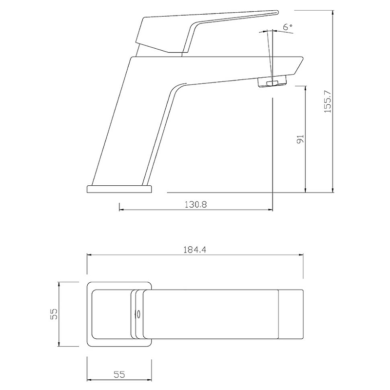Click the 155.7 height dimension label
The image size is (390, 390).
click(328, 101)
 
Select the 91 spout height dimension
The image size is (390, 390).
click(300, 139)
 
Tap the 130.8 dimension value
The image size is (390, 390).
click(196, 204)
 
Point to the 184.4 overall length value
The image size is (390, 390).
click(195, 250)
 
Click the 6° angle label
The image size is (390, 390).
click(288, 27)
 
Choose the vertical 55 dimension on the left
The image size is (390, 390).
click(54, 314)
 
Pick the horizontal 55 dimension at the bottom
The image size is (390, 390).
click(119, 374)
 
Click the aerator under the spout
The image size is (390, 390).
click(272, 82)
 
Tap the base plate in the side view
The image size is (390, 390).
click(119, 189)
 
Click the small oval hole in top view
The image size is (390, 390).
click(136, 314)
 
